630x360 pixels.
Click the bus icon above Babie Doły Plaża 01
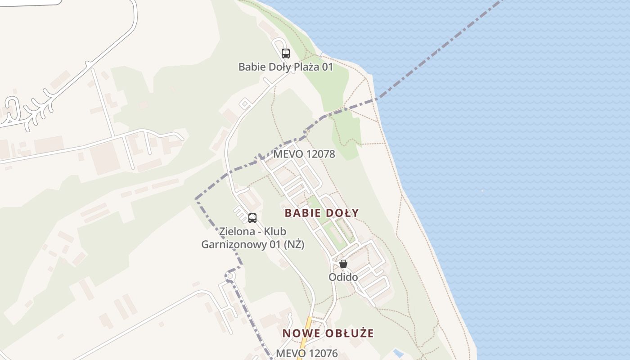point(285,54)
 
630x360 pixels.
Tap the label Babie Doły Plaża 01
point(285,67)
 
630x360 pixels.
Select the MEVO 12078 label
point(304,154)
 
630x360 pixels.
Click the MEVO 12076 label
point(306,353)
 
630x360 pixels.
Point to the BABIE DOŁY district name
point(322,213)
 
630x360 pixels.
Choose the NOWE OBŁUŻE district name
point(328,333)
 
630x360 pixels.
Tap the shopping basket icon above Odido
point(343,264)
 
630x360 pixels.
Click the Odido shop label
point(343,277)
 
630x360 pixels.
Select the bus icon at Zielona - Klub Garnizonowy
point(252,218)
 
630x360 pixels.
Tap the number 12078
point(320,154)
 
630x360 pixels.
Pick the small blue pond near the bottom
point(398,352)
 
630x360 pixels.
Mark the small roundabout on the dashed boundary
point(230,275)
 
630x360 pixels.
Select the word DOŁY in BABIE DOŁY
point(342,213)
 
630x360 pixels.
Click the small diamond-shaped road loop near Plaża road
point(245,104)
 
